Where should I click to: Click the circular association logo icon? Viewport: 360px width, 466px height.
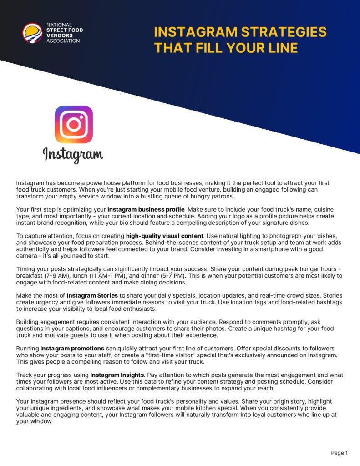click(x=32, y=33)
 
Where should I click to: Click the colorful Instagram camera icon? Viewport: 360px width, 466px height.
click(x=73, y=125)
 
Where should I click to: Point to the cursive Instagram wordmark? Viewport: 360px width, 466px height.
click(x=73, y=155)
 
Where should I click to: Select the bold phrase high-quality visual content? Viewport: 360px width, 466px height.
click(x=165, y=236)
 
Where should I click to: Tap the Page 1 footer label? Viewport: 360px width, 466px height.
click(x=340, y=453)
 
